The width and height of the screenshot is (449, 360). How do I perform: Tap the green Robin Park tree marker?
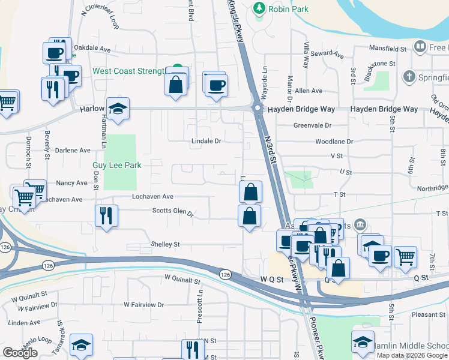(259, 8)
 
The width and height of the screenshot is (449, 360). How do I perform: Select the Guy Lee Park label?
(116, 165)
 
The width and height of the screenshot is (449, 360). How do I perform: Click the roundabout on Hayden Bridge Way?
(258, 109)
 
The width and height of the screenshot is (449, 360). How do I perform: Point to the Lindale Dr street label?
(206, 141)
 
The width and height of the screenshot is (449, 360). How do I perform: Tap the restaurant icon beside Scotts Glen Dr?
(107, 215)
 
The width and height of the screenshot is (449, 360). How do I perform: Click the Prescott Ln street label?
(200, 308)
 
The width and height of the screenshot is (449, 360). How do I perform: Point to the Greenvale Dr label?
(312, 125)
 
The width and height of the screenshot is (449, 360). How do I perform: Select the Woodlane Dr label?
(334, 142)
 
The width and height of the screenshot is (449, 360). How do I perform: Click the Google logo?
(20, 353)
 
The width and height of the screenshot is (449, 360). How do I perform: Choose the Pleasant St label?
(428, 314)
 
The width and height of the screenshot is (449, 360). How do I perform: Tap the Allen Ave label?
(309, 91)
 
